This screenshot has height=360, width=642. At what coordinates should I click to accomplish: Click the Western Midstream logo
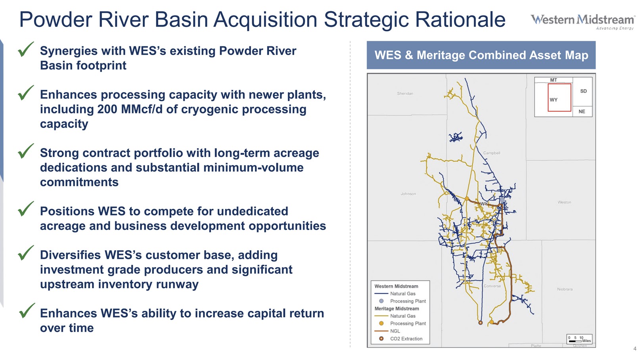583,22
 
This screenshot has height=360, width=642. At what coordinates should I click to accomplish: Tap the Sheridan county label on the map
405,94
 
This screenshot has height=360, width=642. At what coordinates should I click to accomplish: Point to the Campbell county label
492,153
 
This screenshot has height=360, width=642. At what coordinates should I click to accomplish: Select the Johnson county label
408,194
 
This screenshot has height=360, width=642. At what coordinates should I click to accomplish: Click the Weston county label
564,202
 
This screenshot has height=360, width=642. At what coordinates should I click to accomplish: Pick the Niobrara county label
565,289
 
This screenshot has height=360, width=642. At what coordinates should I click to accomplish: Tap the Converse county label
492,286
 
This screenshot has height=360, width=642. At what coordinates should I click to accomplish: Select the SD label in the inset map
583,91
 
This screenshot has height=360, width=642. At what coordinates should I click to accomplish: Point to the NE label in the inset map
581,111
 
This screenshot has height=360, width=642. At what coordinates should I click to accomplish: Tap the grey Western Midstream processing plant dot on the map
502,200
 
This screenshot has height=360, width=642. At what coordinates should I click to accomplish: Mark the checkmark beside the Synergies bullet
26,50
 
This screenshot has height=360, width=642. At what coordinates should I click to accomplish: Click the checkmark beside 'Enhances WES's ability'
27,311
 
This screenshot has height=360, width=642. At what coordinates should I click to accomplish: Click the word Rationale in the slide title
460,19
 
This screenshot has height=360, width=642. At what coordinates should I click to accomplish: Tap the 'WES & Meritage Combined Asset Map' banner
481,55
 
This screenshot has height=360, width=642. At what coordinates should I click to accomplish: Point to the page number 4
634,349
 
